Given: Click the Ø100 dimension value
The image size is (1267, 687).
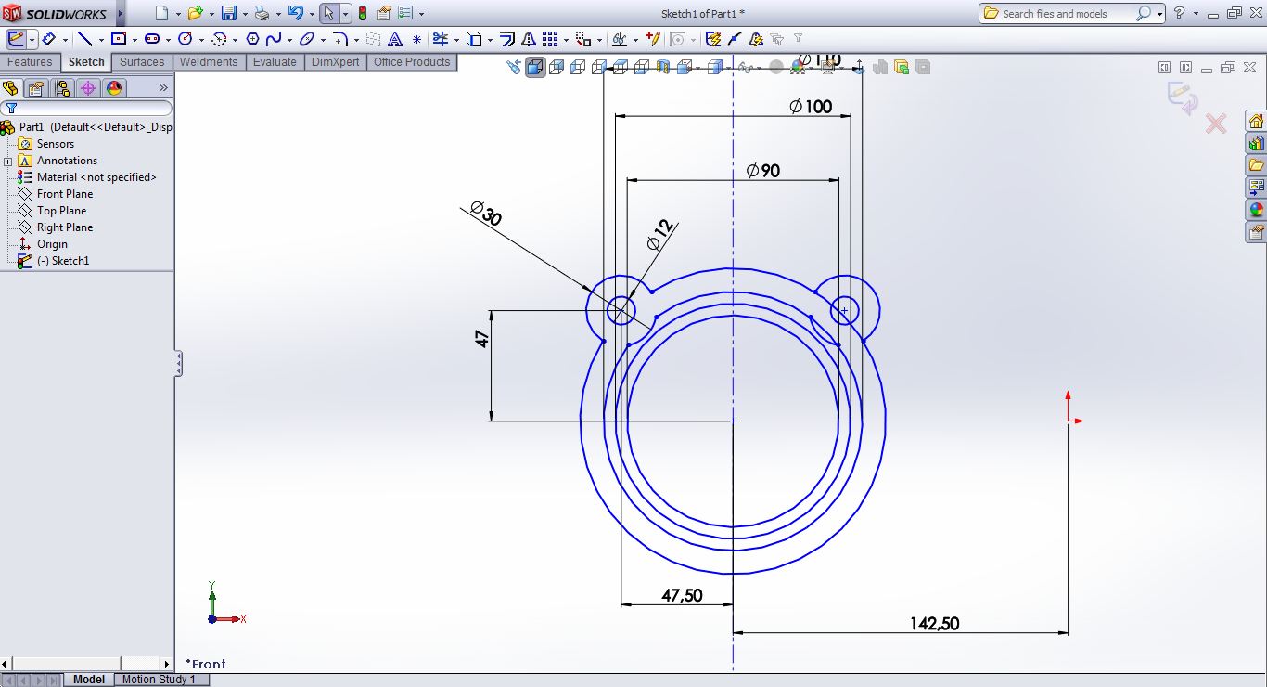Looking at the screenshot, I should (x=811, y=107).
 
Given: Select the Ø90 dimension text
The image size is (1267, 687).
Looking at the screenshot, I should (x=763, y=171).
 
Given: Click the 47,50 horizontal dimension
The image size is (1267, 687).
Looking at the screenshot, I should (x=682, y=596).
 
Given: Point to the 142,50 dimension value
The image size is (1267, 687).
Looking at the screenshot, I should (x=934, y=624).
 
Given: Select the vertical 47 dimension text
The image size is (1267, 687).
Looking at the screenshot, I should (x=482, y=338).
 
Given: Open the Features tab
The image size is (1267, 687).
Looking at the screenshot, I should (x=30, y=62).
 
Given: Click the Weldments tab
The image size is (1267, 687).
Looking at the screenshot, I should (x=208, y=62).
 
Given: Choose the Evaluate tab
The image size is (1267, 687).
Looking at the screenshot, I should (x=275, y=62).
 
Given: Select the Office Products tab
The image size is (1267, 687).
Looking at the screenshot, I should (x=412, y=62).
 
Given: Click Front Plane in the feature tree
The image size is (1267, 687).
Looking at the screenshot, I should (x=64, y=194).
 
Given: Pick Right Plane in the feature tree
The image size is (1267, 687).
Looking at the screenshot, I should (x=64, y=227).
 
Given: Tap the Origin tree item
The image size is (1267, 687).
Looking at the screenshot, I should (x=52, y=244).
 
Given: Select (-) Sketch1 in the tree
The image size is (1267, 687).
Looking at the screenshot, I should (x=62, y=261).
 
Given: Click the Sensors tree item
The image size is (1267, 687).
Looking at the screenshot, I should (x=55, y=144).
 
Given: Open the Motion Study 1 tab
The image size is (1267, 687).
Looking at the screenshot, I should (x=159, y=680).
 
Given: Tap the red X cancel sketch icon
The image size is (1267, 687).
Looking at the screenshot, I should (x=1215, y=123).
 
